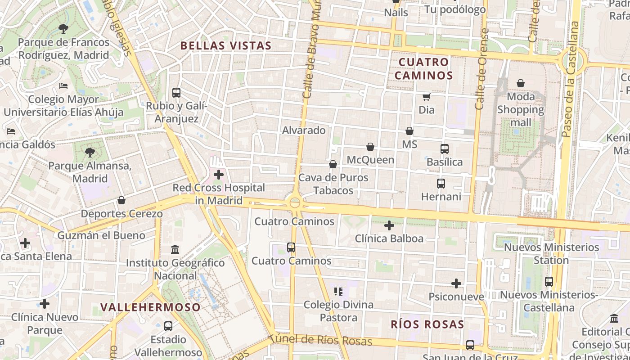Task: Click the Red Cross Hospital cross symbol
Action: tap(219, 175)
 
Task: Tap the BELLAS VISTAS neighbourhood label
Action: tap(226, 45)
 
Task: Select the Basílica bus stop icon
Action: tap(445, 148)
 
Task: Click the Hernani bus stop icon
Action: tap(441, 184)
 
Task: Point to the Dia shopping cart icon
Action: tap(426, 97)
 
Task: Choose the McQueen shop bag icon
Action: tap(370, 147)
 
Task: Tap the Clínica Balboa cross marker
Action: tap(389, 225)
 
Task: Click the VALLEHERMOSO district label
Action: tap(150, 307)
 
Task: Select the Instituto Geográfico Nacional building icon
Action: tap(175, 249)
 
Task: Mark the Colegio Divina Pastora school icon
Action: tap(339, 292)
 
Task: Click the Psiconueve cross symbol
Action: tap(456, 283)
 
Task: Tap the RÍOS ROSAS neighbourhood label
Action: tap(427, 324)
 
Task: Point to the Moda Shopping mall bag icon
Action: tap(521, 83)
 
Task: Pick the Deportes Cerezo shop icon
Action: tap(121, 200)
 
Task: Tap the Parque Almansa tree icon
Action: tap(90, 153)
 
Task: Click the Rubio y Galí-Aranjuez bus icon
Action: tap(176, 93)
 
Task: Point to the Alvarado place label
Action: tap(304, 130)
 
